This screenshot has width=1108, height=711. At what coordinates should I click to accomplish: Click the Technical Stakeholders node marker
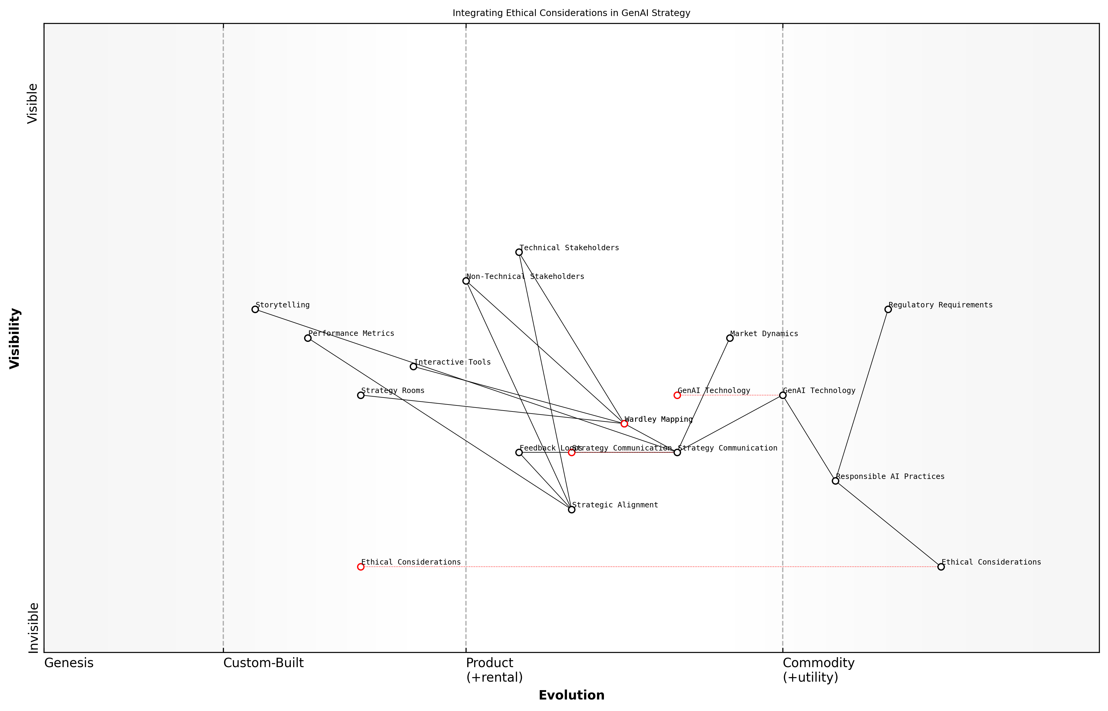click(519, 252)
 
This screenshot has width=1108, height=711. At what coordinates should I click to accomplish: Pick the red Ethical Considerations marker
click(361, 567)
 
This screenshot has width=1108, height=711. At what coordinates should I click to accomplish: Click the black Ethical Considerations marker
click(941, 567)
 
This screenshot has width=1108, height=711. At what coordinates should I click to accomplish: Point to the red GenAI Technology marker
click(677, 395)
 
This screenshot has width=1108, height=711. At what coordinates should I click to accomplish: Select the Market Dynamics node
click(730, 338)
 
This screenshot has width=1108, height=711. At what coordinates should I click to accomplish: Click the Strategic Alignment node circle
click(572, 510)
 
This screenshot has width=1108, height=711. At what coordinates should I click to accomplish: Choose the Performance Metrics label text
click(351, 333)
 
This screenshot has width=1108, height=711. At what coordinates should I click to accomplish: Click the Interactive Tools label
click(452, 362)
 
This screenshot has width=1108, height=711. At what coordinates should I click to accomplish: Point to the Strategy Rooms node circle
click(361, 395)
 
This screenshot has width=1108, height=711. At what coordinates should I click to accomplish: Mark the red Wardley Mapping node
click(624, 424)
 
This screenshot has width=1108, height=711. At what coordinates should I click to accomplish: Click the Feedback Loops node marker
click(519, 452)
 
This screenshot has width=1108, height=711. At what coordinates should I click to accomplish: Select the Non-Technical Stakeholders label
click(525, 277)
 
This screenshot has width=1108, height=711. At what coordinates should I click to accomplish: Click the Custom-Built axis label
click(263, 663)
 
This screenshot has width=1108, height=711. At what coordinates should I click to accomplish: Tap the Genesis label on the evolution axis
click(69, 663)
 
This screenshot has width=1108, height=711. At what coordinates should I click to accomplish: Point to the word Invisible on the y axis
click(33, 628)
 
